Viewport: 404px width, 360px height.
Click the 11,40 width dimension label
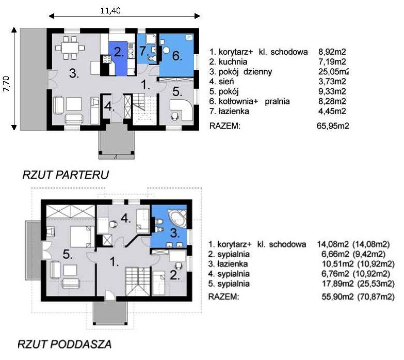[110, 10]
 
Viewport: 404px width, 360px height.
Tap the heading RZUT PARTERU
[66, 175]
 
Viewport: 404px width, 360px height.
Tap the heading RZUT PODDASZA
[64, 345]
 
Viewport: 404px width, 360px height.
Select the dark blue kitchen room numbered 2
[118, 58]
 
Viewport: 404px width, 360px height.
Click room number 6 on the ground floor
[177, 55]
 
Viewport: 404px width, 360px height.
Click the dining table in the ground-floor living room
[70, 48]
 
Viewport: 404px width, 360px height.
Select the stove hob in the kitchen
[107, 59]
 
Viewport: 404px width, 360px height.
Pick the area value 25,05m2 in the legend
[333, 71]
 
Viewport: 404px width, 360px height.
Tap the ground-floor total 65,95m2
[333, 126]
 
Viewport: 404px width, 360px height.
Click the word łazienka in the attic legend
[233, 264]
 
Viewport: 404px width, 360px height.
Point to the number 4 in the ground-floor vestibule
[109, 106]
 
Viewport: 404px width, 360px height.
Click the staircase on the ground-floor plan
[144, 109]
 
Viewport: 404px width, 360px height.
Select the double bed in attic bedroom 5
[83, 237]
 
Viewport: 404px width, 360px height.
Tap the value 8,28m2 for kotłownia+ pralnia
[332, 101]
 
